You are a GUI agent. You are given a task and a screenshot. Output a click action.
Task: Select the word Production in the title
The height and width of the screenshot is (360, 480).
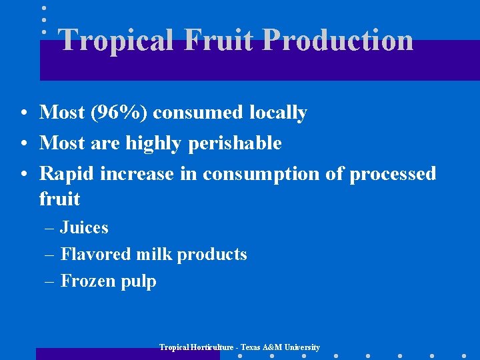point(338,40)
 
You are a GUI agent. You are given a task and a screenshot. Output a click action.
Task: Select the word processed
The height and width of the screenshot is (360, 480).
point(393,174)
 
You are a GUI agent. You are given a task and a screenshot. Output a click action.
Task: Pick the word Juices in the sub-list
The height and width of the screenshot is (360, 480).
point(84,228)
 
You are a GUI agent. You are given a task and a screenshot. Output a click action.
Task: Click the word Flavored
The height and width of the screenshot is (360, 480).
point(96,254)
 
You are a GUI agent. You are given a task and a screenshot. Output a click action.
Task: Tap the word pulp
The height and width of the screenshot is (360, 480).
point(138,281)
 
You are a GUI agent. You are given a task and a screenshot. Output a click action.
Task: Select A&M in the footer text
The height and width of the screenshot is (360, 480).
point(273,347)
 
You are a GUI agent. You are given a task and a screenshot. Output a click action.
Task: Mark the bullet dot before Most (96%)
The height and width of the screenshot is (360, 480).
point(23,113)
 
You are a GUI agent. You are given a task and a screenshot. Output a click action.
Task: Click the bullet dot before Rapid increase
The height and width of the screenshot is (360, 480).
point(23,175)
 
